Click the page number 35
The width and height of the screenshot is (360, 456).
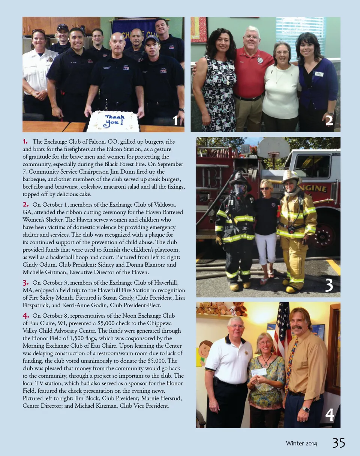338,443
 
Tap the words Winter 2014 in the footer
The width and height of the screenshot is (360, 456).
301,444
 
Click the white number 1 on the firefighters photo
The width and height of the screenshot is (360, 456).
176,120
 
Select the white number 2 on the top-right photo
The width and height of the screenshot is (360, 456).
329,120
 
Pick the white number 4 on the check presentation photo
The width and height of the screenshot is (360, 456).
329,415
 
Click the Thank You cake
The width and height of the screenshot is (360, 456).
113,121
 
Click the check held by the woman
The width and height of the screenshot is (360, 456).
258,372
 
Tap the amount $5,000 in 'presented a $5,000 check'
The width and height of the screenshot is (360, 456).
117,323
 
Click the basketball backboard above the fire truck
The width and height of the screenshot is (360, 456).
273,147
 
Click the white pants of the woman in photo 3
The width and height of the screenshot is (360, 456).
265,248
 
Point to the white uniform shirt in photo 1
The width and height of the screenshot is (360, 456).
36,71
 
